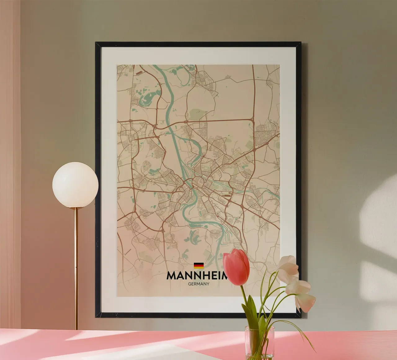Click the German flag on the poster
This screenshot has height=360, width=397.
tap(199, 265)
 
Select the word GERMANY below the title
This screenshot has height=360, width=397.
tap(198, 283)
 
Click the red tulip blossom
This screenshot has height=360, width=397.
tap(236, 267)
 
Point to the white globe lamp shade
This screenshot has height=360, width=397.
tap(75, 185)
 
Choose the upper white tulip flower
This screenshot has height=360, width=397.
tap(288, 264)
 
